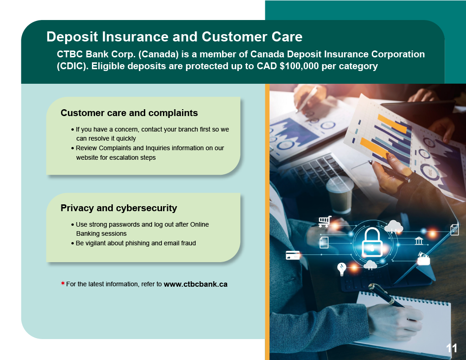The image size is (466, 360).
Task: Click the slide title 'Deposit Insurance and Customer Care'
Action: [174, 37]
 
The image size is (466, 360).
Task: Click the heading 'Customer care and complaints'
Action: [129, 113]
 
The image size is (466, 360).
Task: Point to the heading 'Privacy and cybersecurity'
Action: [119, 208]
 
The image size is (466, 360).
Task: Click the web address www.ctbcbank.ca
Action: [196, 284]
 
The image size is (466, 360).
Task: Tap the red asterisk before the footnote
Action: [63, 283]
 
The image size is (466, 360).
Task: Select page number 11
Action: [451, 348]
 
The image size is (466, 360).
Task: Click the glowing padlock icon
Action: [372, 242]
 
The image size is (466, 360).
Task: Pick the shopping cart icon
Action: [325, 222]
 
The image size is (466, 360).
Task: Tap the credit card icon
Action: [293, 255]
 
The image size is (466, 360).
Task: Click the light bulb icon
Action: [342, 269]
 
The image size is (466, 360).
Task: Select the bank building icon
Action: [419, 240]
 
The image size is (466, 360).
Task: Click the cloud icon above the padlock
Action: [394, 227]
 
